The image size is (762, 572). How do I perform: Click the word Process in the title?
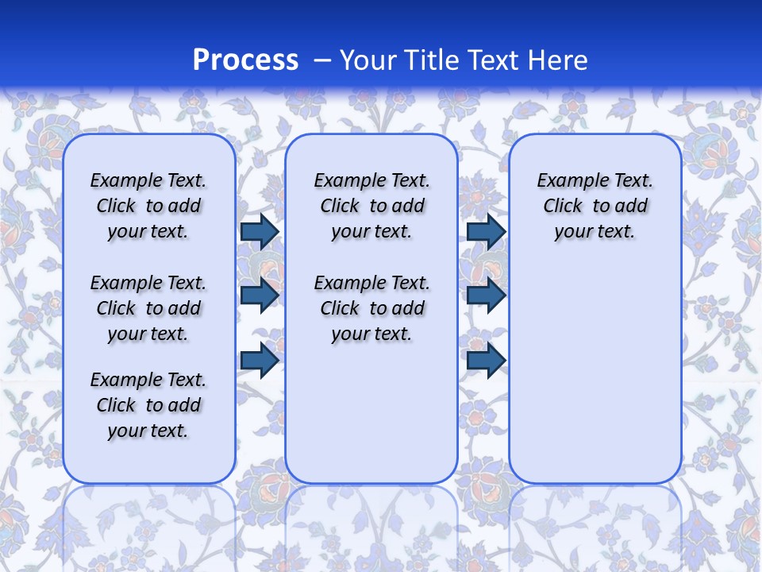pyautogui.click(x=245, y=60)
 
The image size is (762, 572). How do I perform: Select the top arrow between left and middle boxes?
pyautogui.click(x=259, y=231)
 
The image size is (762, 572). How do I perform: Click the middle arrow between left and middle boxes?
pyautogui.click(x=259, y=295)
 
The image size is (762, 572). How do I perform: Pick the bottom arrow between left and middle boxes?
pyautogui.click(x=259, y=361)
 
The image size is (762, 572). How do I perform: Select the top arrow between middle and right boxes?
pyautogui.click(x=486, y=231)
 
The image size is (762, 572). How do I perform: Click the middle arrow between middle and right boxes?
pyautogui.click(x=486, y=295)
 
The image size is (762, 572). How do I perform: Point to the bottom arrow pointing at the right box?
pyautogui.click(x=486, y=361)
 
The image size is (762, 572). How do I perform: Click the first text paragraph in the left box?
pyautogui.click(x=148, y=206)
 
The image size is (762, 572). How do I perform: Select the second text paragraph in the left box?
pyautogui.click(x=148, y=308)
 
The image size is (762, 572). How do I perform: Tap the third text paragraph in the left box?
pyautogui.click(x=148, y=405)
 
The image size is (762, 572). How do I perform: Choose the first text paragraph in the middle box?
pyautogui.click(x=371, y=206)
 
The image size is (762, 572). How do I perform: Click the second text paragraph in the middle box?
pyautogui.click(x=371, y=308)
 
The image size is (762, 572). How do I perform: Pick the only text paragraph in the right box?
pyautogui.click(x=595, y=206)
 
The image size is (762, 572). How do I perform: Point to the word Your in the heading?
pyautogui.click(x=368, y=60)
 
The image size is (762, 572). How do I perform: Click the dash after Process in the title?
pyautogui.click(x=322, y=60)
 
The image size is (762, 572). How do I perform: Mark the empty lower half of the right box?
pyautogui.click(x=595, y=373)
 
